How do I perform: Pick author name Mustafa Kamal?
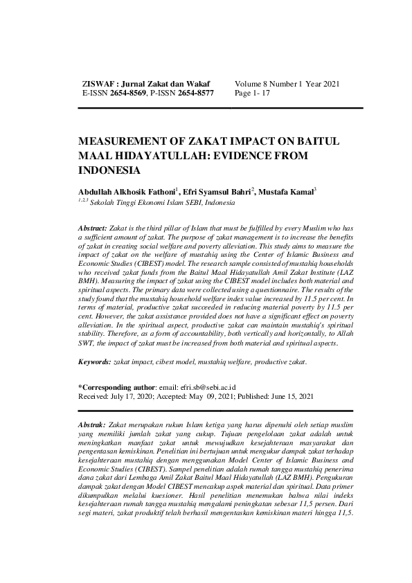pyautogui.click(x=284, y=190)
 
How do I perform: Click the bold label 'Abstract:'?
pyautogui.click(x=93, y=228)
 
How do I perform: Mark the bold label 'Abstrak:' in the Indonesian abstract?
pyautogui.click(x=94, y=424)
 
